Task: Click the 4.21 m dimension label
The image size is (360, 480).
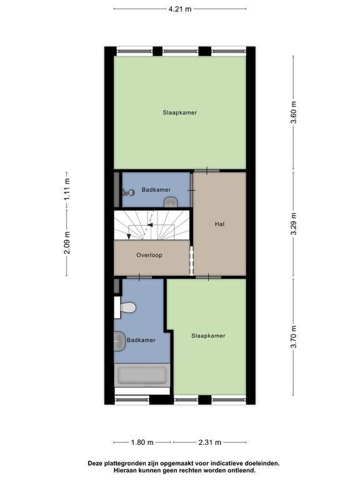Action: click(x=180, y=9)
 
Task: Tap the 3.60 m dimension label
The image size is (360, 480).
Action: click(x=294, y=112)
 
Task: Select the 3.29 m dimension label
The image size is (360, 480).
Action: click(x=294, y=224)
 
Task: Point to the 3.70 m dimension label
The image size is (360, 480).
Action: click(x=294, y=337)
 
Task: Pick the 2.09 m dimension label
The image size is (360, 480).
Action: click(x=67, y=242)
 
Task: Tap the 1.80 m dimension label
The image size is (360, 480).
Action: click(x=142, y=442)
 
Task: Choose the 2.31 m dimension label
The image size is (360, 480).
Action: click(x=210, y=442)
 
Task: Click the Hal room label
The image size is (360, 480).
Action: click(x=219, y=224)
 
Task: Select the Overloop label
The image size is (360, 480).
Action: click(x=149, y=255)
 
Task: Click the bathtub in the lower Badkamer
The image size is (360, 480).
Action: click(x=142, y=375)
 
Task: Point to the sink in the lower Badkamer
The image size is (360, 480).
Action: click(x=120, y=341)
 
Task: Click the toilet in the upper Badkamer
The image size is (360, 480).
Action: click(x=171, y=202)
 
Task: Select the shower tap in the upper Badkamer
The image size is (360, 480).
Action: click(x=128, y=192)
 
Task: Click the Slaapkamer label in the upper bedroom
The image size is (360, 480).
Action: click(x=180, y=112)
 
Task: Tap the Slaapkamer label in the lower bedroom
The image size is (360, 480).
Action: click(x=208, y=336)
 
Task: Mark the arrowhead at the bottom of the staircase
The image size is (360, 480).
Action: click(x=129, y=236)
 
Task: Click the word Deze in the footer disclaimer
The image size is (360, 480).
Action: click(x=95, y=464)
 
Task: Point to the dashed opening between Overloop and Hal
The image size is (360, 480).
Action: click(x=192, y=261)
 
